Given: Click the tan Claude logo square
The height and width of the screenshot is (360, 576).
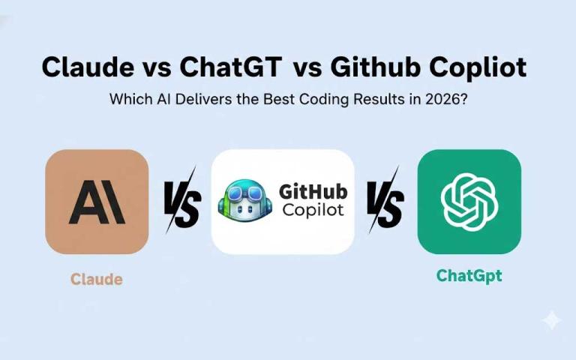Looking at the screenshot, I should point(97,202).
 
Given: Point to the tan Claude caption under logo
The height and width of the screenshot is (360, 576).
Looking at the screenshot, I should point(97,279).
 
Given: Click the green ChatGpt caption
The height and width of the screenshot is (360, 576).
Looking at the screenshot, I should point(469,276).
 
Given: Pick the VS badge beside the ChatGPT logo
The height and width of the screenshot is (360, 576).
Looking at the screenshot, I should point(385,202).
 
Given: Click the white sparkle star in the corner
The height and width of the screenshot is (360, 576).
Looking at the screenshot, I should point(551,320).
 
